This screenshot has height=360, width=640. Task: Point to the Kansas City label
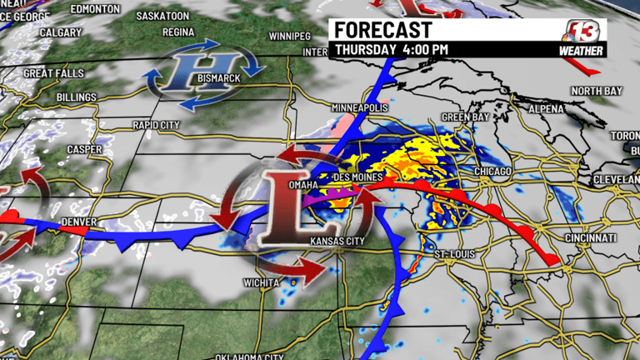tap(338, 242)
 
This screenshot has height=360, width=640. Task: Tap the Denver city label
tap(79, 222)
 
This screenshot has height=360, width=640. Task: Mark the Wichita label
tap(262, 283)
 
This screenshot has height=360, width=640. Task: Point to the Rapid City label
tap(156, 125)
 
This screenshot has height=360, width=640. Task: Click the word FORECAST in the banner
tap(383, 30)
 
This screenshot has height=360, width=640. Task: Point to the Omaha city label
tap(302, 184)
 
